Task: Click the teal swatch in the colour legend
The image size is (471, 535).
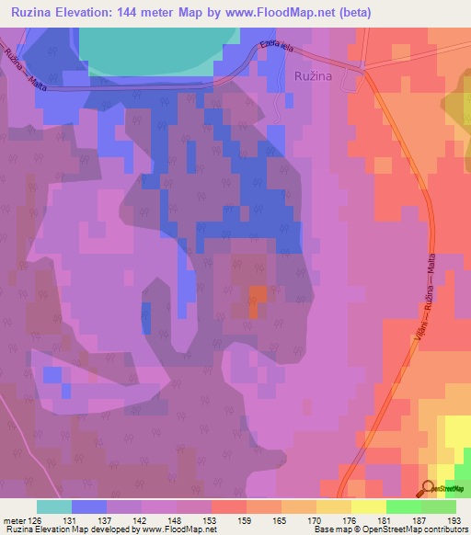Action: pyautogui.click(x=54, y=507)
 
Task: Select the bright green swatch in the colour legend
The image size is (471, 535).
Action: pyautogui.click(x=403, y=507)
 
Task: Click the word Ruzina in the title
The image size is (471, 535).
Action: pyautogui.click(x=33, y=12)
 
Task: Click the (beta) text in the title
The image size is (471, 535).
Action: pyautogui.click(x=353, y=12)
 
